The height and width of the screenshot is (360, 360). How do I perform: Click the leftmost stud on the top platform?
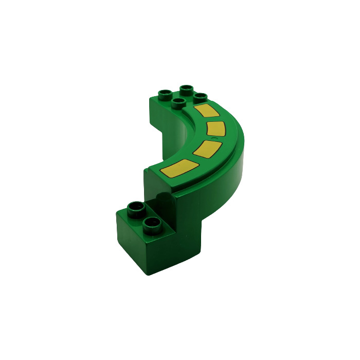pyautogui.click(x=165, y=95)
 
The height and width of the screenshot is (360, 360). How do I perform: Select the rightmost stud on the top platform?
pyautogui.click(x=200, y=97)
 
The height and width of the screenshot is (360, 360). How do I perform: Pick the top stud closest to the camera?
pyautogui.click(x=178, y=102)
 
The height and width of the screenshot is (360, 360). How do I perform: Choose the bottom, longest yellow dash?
pyautogui.click(x=179, y=168)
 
